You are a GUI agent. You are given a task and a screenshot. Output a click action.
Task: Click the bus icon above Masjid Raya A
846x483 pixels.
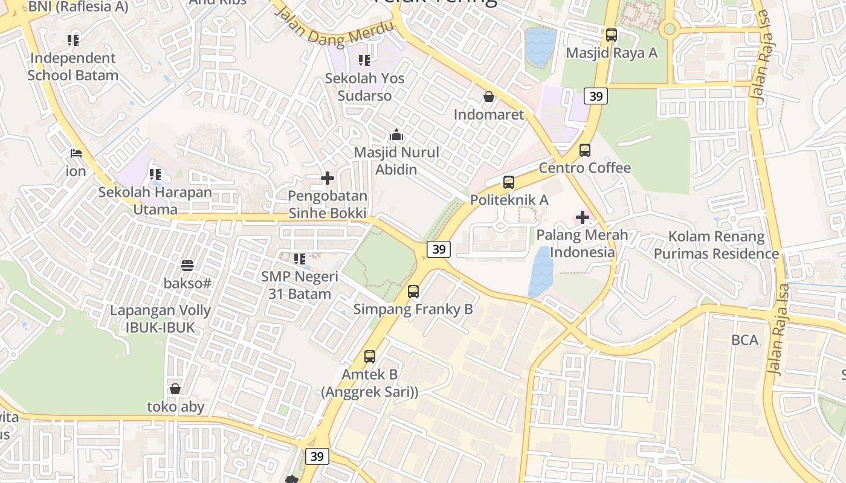click(612, 35)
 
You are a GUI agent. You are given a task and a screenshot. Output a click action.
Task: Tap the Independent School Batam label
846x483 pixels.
click(73, 67)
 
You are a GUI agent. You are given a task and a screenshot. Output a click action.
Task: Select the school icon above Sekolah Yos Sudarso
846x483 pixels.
click(364, 60)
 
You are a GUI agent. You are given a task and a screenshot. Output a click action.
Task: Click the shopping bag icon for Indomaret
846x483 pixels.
click(488, 97)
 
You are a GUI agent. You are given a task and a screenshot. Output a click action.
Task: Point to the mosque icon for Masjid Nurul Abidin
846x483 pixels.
click(396, 135)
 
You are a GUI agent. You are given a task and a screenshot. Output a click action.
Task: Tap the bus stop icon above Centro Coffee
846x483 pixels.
click(584, 150)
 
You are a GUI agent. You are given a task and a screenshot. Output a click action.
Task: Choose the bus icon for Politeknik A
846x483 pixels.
click(509, 182)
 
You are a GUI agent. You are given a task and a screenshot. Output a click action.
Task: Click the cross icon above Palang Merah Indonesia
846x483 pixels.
click(583, 217)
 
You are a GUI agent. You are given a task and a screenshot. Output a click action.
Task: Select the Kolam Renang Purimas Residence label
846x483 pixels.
click(716, 245)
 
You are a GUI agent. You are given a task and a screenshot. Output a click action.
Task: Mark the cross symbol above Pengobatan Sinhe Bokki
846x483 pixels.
click(328, 178)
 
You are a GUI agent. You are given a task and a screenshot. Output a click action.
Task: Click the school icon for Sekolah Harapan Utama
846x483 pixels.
click(155, 174)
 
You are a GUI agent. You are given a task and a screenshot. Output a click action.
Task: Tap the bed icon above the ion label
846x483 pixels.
click(76, 153)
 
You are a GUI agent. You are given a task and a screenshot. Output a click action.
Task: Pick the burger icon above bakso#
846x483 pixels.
click(187, 266)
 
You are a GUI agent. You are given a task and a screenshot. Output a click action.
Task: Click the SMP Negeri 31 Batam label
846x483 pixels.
click(300, 285)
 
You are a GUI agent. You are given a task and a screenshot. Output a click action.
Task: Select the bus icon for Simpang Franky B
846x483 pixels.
click(413, 292)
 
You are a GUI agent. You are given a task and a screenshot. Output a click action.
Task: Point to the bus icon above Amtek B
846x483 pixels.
click(370, 357)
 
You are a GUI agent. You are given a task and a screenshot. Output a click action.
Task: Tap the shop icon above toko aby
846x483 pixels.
click(175, 389)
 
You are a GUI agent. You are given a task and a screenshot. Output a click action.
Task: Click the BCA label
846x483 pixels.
click(744, 340)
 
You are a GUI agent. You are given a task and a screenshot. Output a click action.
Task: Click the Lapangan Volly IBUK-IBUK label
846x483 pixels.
click(160, 319)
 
